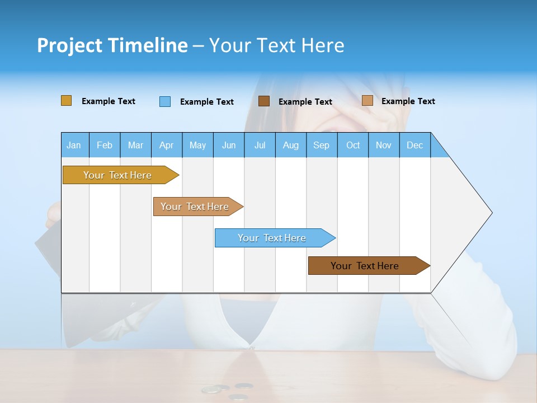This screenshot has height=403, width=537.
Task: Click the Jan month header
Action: pyautogui.click(x=74, y=145)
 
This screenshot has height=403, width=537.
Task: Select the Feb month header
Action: pyautogui.click(x=105, y=145)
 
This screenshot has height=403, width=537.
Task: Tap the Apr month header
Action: pyautogui.click(x=166, y=145)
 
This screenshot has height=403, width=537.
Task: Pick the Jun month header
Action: pyautogui.click(x=229, y=145)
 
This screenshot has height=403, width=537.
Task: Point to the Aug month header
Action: pyautogui.click(x=290, y=145)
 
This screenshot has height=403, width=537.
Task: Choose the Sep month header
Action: pyautogui.click(x=321, y=145)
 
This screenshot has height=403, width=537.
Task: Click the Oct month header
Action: pyautogui.click(x=353, y=145)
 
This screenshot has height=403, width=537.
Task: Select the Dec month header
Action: pyautogui.click(x=414, y=145)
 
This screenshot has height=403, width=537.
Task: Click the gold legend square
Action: pyautogui.click(x=66, y=101)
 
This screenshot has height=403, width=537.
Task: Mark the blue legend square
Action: pyautogui.click(x=165, y=101)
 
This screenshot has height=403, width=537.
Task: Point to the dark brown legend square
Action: pyautogui.click(x=264, y=101)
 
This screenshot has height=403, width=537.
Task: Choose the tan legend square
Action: pyautogui.click(x=367, y=101)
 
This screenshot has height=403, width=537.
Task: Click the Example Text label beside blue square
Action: pyautogui.click(x=206, y=102)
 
